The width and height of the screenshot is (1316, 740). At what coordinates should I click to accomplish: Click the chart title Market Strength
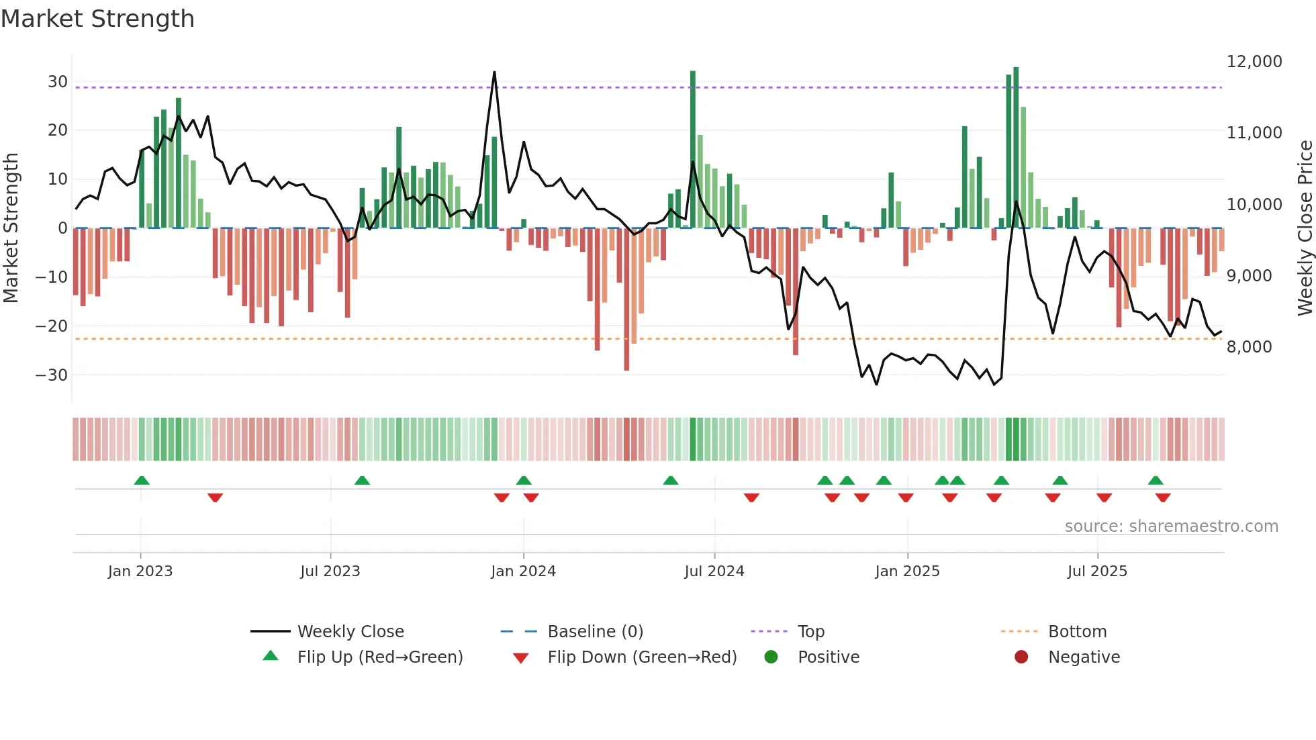click(97, 19)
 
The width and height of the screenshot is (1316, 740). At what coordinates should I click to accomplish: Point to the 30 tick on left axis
click(57, 82)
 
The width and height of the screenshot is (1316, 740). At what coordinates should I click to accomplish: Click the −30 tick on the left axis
click(52, 375)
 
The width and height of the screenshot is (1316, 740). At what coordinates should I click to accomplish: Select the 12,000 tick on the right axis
click(1254, 62)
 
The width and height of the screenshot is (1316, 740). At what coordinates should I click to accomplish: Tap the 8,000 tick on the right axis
click(1249, 347)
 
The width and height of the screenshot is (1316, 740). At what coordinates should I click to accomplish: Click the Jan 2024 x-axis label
click(523, 571)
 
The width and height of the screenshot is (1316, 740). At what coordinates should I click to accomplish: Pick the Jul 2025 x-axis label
click(1097, 571)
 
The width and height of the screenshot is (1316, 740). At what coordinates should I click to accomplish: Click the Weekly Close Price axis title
click(1305, 228)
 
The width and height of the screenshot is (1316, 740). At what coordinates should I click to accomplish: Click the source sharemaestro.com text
click(1171, 526)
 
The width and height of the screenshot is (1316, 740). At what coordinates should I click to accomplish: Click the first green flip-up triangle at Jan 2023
click(142, 480)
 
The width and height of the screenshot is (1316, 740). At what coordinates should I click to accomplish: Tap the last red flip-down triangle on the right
click(1163, 498)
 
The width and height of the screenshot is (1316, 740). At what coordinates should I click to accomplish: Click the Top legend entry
click(810, 632)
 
